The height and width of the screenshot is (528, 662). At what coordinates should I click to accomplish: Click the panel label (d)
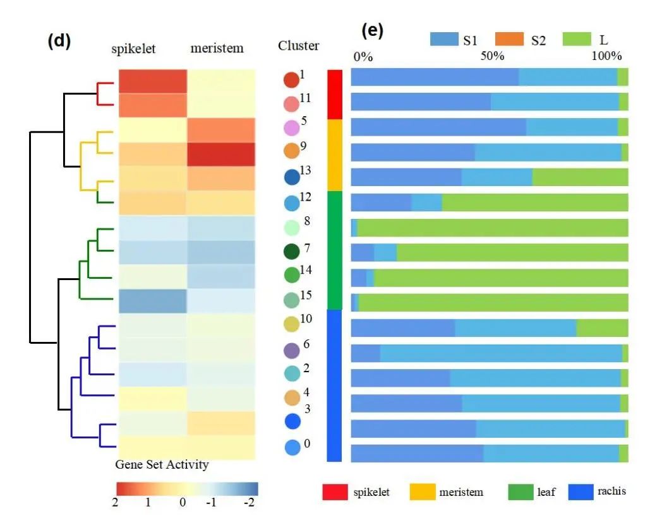[59, 41]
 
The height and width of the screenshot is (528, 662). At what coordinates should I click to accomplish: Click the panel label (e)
[372, 30]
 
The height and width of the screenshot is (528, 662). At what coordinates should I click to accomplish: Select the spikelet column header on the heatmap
[133, 49]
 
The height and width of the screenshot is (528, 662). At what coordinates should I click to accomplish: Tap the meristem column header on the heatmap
[217, 49]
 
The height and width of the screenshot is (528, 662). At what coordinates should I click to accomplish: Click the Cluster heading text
[298, 45]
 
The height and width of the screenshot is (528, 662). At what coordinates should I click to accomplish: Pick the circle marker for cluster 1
[291, 80]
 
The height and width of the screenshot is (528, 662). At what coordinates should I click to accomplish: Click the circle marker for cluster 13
[292, 177]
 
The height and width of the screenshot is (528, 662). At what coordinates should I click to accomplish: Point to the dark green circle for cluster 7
[292, 252]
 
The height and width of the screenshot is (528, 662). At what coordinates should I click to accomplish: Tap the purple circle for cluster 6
[292, 350]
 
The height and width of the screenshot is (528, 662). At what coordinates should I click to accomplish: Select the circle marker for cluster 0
[292, 448]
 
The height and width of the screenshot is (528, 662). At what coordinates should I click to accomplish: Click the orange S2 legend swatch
[510, 40]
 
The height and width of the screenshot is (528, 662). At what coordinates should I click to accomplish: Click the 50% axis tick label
[492, 56]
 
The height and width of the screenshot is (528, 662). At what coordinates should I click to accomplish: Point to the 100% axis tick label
[607, 56]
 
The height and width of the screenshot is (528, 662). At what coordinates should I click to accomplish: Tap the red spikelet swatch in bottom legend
[335, 492]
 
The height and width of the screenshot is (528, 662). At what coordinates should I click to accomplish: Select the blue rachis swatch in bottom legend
[582, 492]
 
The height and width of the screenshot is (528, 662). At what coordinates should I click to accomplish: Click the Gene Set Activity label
[162, 465]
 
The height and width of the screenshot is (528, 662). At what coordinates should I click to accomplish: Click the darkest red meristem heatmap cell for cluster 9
[220, 154]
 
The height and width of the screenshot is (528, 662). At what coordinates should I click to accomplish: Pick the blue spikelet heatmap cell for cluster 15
[152, 301]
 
